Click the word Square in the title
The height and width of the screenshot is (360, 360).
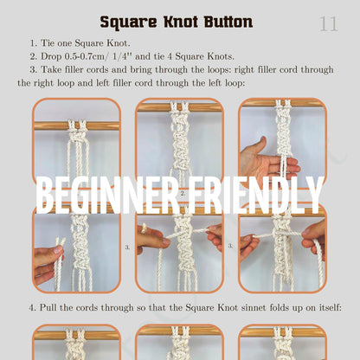pyautogui.click(x=128, y=22)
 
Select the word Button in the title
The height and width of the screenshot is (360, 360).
pyautogui.click(x=227, y=22)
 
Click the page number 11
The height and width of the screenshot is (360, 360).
pyautogui.click(x=329, y=23)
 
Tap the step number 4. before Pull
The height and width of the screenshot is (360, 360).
pyautogui.click(x=33, y=307)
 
